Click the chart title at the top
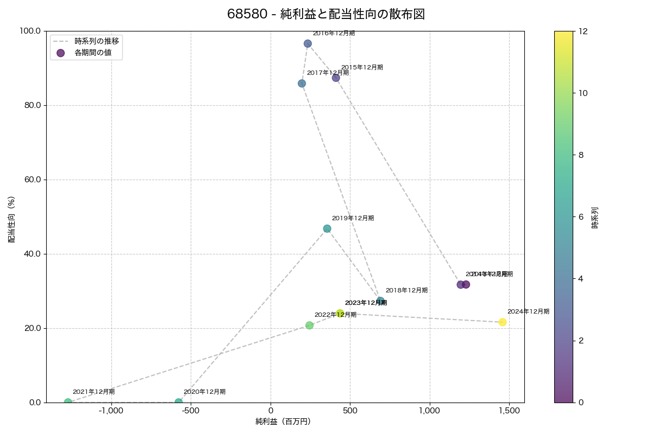326,15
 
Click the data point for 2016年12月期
308,43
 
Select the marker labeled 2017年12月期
302,84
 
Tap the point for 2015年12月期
336,78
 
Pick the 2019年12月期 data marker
327,229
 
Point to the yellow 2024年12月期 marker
503,322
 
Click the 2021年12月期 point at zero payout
68,402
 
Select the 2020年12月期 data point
179,402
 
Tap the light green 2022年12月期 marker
309,325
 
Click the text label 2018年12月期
406,291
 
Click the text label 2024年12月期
528,312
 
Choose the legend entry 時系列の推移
97,41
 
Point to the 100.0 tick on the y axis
31,31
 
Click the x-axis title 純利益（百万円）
283,422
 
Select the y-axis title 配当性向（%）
11,216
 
